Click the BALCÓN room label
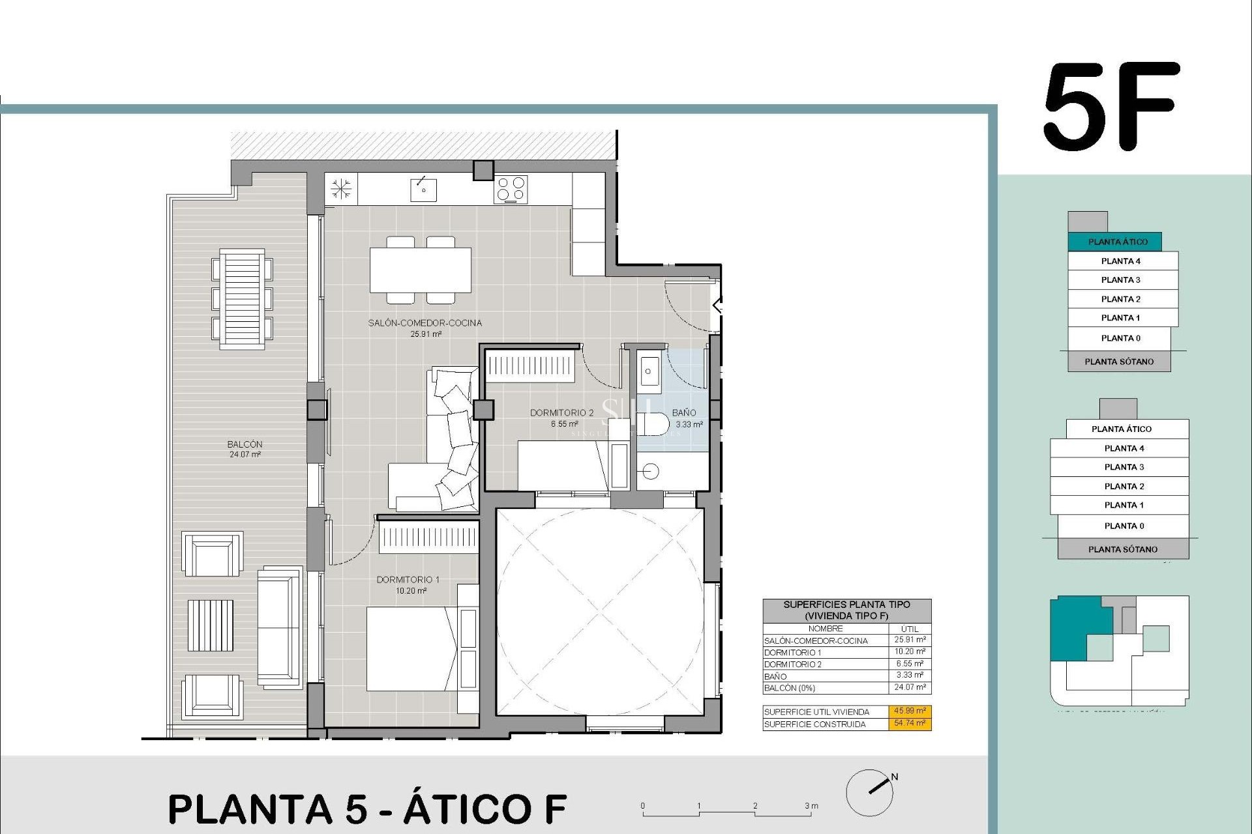click(x=245, y=444)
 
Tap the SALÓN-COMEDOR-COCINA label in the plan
click(x=425, y=323)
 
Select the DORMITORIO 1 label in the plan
click(x=408, y=580)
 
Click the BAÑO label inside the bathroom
click(x=684, y=412)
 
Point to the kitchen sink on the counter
click(x=423, y=190)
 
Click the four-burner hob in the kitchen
click(x=511, y=190)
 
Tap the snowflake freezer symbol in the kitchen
click(x=341, y=190)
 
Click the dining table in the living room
click(x=421, y=270)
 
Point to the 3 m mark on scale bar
click(x=811, y=807)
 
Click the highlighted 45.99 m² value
click(x=910, y=712)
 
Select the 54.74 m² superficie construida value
click(x=910, y=724)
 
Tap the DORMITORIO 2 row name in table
click(x=792, y=665)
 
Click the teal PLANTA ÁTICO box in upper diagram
click(x=1118, y=242)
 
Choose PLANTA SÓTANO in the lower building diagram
click(x=1123, y=549)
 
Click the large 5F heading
click(x=1112, y=108)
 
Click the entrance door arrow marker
click(x=717, y=304)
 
